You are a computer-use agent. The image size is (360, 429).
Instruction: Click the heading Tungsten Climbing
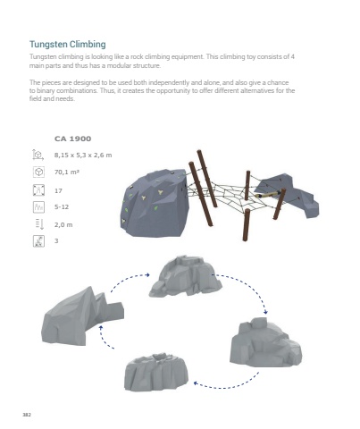[68, 45]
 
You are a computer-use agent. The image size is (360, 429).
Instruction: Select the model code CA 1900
[72, 139]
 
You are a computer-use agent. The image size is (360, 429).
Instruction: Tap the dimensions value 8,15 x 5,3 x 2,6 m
[83, 155]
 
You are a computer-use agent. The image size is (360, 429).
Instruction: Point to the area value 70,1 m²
[67, 172]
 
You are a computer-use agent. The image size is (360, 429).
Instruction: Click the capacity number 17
[58, 190]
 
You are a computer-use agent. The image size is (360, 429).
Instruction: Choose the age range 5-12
[62, 206]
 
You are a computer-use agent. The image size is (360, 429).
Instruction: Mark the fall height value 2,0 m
[63, 224]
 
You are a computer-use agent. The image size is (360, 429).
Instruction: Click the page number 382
[27, 415]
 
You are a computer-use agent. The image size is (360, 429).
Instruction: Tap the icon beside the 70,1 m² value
[38, 172]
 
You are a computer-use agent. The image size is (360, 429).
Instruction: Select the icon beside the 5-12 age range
[38, 207]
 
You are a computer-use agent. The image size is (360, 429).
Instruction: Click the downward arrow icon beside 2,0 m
[39, 224]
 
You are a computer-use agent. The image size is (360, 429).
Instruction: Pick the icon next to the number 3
[38, 241]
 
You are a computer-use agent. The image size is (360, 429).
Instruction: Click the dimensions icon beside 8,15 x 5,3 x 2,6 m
[38, 155]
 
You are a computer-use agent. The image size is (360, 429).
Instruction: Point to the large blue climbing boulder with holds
[155, 203]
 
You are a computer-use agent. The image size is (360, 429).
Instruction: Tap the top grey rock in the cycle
[185, 275]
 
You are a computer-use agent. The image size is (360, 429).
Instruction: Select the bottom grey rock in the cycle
[156, 372]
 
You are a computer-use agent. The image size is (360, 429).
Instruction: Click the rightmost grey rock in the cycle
[265, 342]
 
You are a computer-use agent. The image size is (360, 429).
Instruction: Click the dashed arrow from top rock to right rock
[248, 285]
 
